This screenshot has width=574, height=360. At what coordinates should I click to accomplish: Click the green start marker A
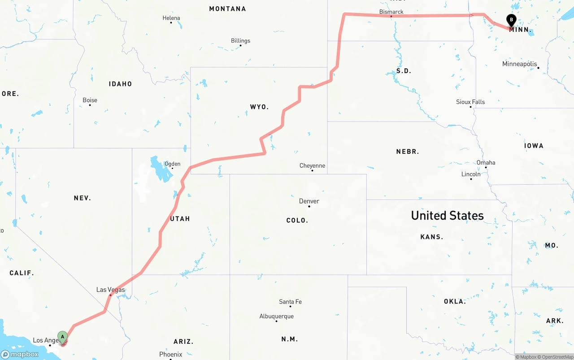[62, 336]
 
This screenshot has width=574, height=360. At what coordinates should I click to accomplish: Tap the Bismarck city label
[391, 12]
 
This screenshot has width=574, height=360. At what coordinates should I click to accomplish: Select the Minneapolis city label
[519, 64]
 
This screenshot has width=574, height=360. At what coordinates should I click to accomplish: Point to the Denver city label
[309, 201]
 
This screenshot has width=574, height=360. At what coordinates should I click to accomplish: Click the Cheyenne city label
[312, 166]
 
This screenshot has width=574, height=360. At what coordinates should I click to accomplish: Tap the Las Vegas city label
[110, 290]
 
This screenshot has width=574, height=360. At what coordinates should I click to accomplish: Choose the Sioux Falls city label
[470, 102]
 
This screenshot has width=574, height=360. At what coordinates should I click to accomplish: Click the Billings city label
[240, 41]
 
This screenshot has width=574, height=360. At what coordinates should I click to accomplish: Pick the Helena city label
[171, 18]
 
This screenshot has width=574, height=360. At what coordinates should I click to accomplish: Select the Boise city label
[90, 100]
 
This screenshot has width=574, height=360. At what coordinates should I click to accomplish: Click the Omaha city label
[486, 163]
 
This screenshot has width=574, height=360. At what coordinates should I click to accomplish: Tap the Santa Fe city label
[290, 302]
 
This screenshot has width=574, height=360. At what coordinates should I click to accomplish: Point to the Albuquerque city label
[276, 317]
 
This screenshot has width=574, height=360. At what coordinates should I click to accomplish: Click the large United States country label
[447, 216]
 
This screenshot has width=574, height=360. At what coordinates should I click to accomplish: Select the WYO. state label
[259, 107]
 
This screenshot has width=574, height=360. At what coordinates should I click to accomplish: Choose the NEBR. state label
[407, 152]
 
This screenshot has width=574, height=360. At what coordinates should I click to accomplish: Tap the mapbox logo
[20, 354]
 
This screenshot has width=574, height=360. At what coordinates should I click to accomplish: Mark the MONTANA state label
[227, 9]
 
